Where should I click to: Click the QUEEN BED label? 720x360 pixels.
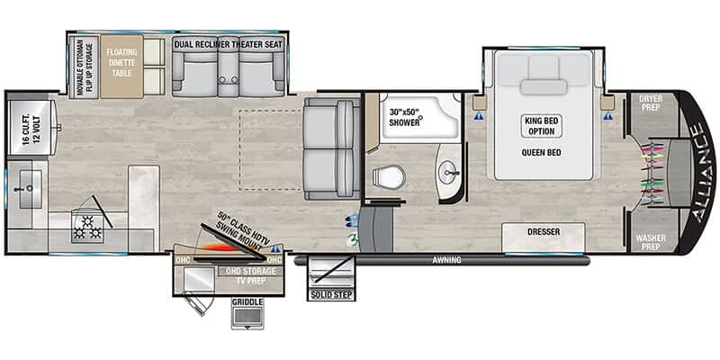point(541,153)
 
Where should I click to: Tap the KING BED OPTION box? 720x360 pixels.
point(541,126)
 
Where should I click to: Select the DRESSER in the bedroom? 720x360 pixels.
point(544,232)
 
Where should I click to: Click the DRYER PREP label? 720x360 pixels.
point(651,102)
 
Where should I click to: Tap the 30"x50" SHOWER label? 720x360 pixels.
point(404,117)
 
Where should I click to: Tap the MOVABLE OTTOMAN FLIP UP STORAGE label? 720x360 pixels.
point(83,67)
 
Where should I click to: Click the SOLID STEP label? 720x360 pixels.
point(331,294)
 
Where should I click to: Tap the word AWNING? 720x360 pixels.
point(445,260)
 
